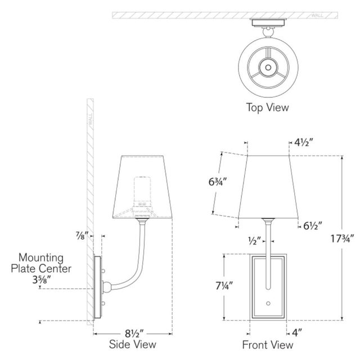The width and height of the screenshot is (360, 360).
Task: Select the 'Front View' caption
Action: pyautogui.click(x=268, y=344)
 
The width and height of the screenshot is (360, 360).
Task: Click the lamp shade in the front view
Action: pyautogui.click(x=268, y=186)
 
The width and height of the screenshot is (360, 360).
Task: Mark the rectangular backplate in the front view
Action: pyautogui.click(x=268, y=286)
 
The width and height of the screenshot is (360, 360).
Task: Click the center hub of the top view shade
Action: pyautogui.click(x=268, y=66)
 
